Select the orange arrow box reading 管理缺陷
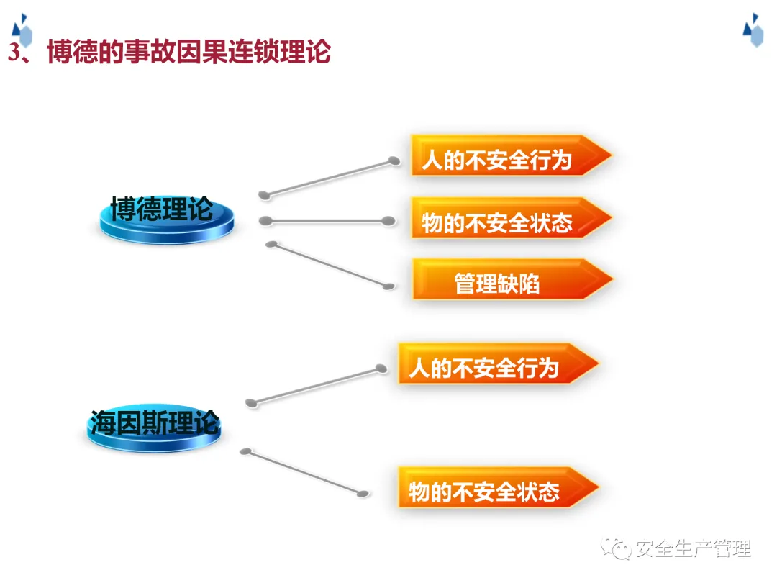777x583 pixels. click(513, 279)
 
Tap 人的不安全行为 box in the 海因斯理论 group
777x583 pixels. click(499, 363)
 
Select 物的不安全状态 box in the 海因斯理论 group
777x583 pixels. click(499, 487)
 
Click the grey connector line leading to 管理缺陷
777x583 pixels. click(330, 265)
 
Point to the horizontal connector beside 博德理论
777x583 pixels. click(327, 221)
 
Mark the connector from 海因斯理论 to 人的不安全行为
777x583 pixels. click(316, 386)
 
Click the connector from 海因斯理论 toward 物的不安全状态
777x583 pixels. click(304, 472)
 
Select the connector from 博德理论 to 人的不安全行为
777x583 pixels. click(330, 178)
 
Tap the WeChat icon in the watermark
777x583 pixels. click(615, 548)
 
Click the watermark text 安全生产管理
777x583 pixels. click(694, 548)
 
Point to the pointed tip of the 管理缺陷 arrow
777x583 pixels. click(613, 279)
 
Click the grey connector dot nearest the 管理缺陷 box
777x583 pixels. click(389, 286)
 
